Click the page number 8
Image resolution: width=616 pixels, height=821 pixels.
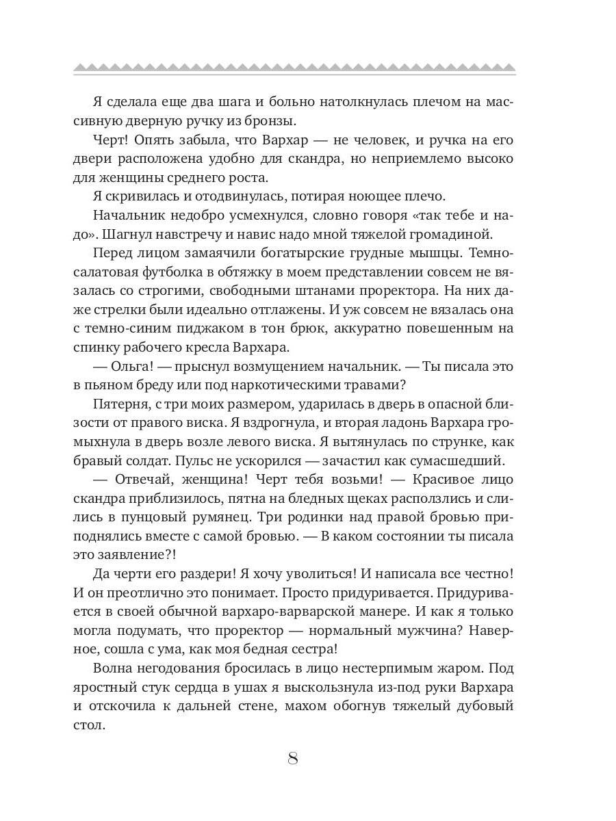293,759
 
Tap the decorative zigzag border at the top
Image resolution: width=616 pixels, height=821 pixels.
294,68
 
